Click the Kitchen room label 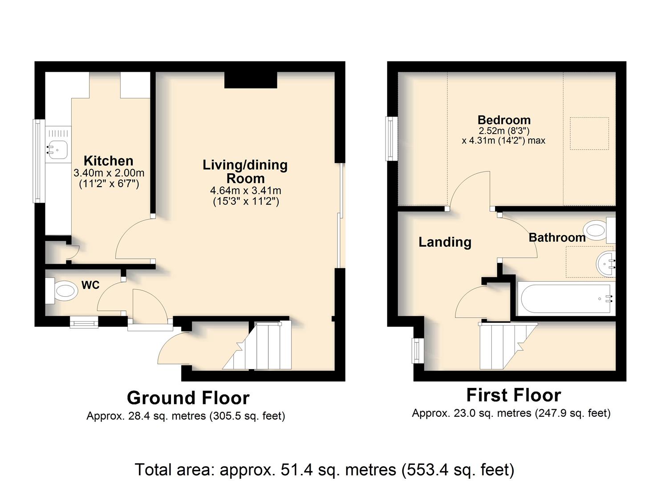coord(109,161)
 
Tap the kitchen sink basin coord(58,150)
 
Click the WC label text coord(91,285)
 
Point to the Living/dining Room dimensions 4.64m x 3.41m coord(246,191)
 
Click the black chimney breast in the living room coord(251,80)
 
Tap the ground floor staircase coord(257,346)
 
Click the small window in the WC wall coord(84,322)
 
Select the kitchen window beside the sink coord(38,161)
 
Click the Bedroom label coord(504,120)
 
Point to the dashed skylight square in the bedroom coord(589,133)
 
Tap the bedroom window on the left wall coord(392,139)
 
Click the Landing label coord(445,242)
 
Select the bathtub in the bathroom coord(566,298)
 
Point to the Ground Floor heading coord(188,398)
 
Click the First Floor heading coord(514,395)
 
